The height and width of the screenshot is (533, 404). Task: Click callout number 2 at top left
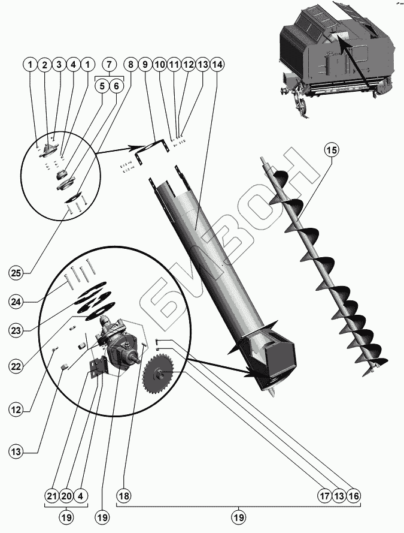pyautogui.click(x=44, y=64)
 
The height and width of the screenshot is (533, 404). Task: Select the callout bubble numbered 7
pyautogui.click(x=110, y=64)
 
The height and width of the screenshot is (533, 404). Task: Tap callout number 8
pyautogui.click(x=131, y=64)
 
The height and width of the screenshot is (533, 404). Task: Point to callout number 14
pyautogui.click(x=217, y=64)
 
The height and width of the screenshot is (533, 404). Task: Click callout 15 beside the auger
pyautogui.click(x=331, y=150)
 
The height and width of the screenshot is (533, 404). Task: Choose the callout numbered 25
pyautogui.click(x=16, y=273)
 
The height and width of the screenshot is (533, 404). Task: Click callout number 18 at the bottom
pyautogui.click(x=124, y=496)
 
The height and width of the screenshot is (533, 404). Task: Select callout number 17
pyautogui.click(x=324, y=496)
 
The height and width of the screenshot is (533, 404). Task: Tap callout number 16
pyautogui.click(x=354, y=496)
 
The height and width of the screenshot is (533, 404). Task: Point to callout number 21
pyautogui.click(x=51, y=496)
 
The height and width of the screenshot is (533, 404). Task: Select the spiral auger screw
pyautogui.click(x=323, y=264)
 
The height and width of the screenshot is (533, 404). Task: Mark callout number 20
pyautogui.click(x=66, y=496)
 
